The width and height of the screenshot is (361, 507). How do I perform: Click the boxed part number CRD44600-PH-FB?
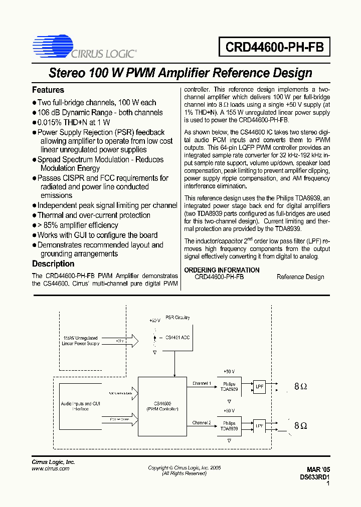(274, 48)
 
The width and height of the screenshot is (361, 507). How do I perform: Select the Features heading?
(48, 90)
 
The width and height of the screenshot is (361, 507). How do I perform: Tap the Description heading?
(53, 264)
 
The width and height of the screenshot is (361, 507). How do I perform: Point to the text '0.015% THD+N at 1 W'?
(74, 122)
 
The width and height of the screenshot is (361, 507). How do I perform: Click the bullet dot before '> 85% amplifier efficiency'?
(35, 225)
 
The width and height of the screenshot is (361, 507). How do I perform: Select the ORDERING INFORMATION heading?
(222, 270)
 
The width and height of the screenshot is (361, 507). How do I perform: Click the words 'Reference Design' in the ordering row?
(300, 277)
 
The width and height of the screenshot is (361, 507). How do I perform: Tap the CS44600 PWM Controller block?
(162, 406)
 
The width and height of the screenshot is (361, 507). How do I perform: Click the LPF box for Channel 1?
(259, 387)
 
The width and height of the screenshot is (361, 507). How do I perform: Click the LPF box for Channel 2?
(259, 426)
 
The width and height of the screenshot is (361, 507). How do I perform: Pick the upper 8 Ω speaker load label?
(300, 387)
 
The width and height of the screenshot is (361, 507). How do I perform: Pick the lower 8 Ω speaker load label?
(300, 426)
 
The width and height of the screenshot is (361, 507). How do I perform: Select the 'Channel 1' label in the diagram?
(202, 383)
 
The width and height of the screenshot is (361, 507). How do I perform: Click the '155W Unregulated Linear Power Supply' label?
(81, 341)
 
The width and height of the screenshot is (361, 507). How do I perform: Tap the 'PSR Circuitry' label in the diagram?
(177, 318)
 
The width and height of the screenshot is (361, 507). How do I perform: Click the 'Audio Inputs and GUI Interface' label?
(81, 406)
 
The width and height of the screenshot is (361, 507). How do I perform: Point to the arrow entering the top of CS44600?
(174, 373)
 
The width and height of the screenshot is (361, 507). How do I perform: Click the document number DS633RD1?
(314, 478)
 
